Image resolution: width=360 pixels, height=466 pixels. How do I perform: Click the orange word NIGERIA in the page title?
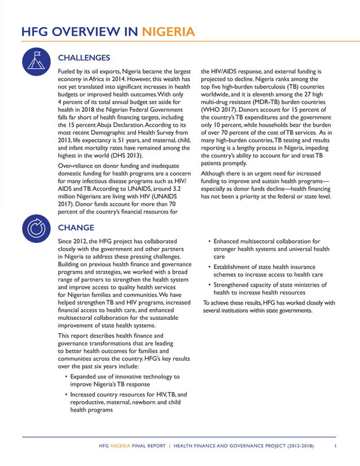169,31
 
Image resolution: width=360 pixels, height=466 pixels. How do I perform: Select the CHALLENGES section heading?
84,58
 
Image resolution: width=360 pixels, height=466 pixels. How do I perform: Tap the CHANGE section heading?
76,227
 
